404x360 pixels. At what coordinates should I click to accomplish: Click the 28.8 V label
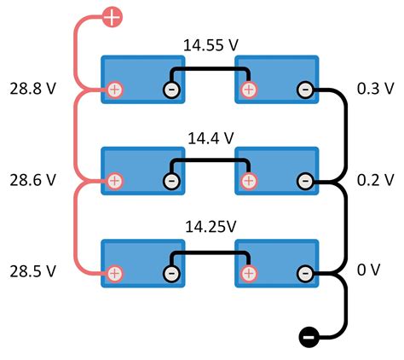pos(33,88)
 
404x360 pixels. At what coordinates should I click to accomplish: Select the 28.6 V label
pos(33,180)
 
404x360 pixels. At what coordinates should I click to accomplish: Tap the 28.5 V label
pos(33,271)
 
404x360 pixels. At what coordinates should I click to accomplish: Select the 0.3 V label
pos(375,88)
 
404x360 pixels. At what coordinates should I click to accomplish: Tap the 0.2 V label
pos(375,180)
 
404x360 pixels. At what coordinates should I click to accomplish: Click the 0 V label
pos(369,271)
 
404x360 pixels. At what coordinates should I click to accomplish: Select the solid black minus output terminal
pos(309,338)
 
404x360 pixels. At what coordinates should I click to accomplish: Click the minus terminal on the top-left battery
pos(171,89)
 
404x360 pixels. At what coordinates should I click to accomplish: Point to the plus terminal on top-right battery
pos(249,89)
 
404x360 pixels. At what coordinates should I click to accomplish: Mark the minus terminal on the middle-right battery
pos(305,181)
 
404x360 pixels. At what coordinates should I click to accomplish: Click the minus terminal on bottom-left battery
pos(171,273)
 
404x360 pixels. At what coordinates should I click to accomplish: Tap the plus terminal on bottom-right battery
pos(249,273)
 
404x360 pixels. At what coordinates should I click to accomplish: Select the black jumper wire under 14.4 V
pos(210,160)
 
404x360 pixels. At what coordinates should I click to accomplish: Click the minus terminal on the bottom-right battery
pos(305,273)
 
